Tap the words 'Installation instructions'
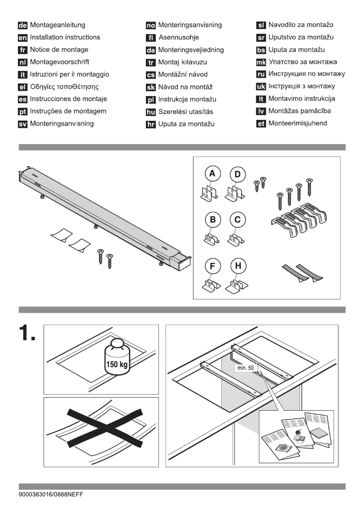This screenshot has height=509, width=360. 65,37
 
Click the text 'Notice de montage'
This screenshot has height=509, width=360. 59,49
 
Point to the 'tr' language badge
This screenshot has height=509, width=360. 151,62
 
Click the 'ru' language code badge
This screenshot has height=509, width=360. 261,74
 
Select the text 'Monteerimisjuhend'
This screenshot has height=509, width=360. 298,123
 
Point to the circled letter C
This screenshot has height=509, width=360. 237,220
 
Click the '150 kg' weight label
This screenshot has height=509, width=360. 116,364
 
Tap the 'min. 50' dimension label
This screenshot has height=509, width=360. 244,367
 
